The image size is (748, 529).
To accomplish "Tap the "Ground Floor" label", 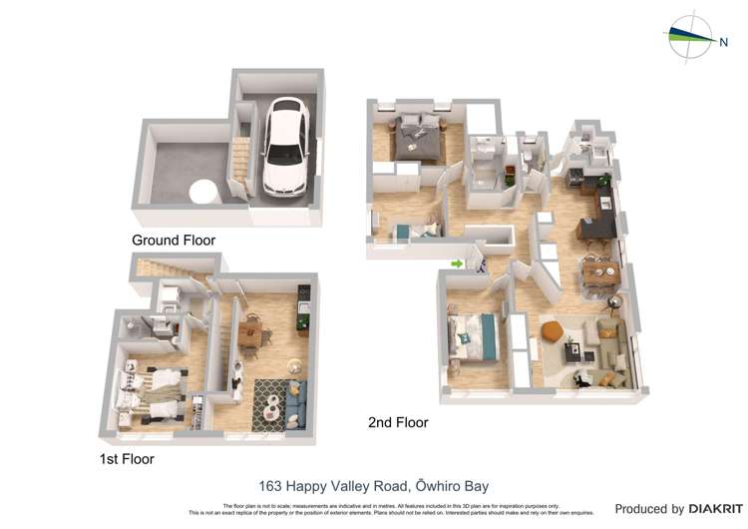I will point(174,241).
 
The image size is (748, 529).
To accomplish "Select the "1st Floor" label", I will point(126,459).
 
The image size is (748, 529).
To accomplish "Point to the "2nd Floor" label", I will point(398,422).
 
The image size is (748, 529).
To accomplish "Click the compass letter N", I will point(724,41).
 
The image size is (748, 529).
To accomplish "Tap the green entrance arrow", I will point(456,264).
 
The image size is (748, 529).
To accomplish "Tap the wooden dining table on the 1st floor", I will point(252,332).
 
